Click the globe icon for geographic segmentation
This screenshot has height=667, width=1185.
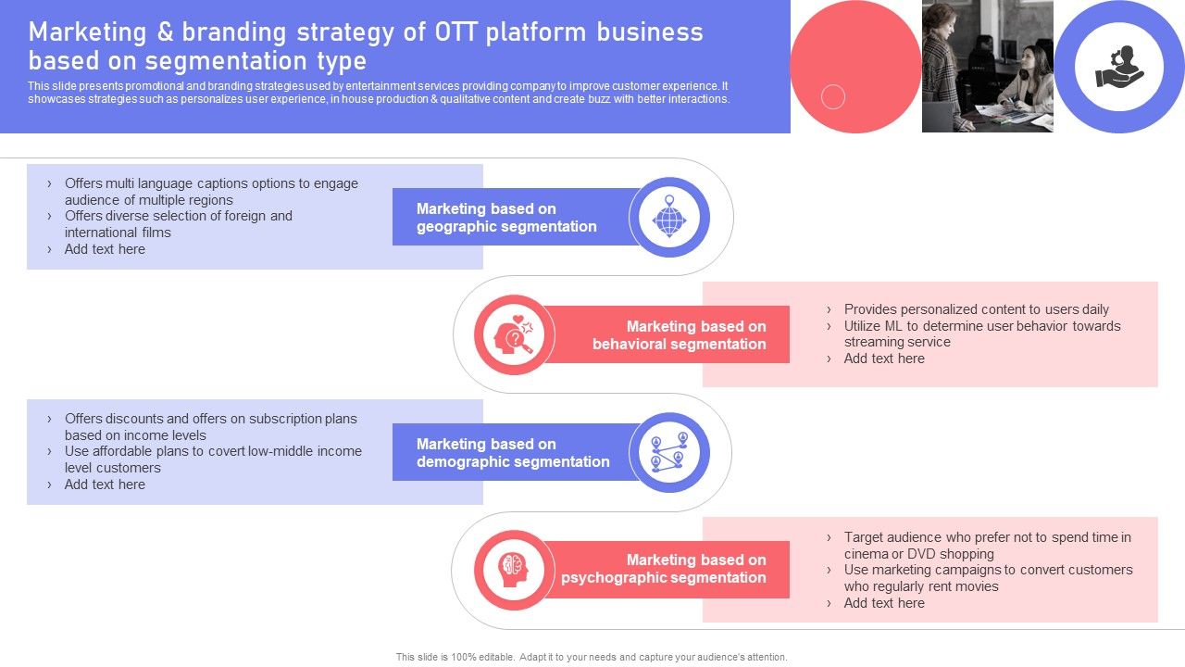pyautogui.click(x=669, y=218)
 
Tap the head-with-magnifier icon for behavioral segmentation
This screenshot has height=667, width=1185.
pyautogui.click(x=515, y=335)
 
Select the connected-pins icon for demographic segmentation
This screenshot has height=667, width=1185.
pyautogui.click(x=669, y=453)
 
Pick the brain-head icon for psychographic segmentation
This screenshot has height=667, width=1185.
pyautogui.click(x=514, y=570)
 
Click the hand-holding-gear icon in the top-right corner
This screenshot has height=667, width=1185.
pyautogui.click(x=1119, y=67)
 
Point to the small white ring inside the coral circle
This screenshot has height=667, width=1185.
pyautogui.click(x=833, y=96)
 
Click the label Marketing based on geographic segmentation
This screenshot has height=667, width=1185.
pyautogui.click(x=506, y=218)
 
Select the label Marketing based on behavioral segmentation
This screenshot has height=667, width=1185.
pyautogui.click(x=680, y=335)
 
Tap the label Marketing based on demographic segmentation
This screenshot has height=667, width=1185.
pyautogui.click(x=513, y=453)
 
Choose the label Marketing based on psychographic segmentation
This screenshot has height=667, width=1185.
pyautogui.click(x=664, y=569)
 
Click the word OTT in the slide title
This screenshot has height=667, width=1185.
pyautogui.click(x=455, y=32)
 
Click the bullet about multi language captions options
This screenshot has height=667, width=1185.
pyautogui.click(x=211, y=192)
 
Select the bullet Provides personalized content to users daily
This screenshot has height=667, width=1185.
pyautogui.click(x=976, y=309)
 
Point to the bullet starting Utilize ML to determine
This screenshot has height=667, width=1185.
pyautogui.click(x=981, y=333)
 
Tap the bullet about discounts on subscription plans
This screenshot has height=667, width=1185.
pyautogui.click(x=210, y=427)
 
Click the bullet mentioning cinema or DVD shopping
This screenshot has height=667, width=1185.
pyautogui.click(x=987, y=545)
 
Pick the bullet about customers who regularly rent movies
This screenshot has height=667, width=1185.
pyautogui.click(x=988, y=578)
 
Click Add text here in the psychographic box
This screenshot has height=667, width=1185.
pyautogui.click(x=883, y=603)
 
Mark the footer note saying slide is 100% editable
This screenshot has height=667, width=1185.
pyautogui.click(x=592, y=657)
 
